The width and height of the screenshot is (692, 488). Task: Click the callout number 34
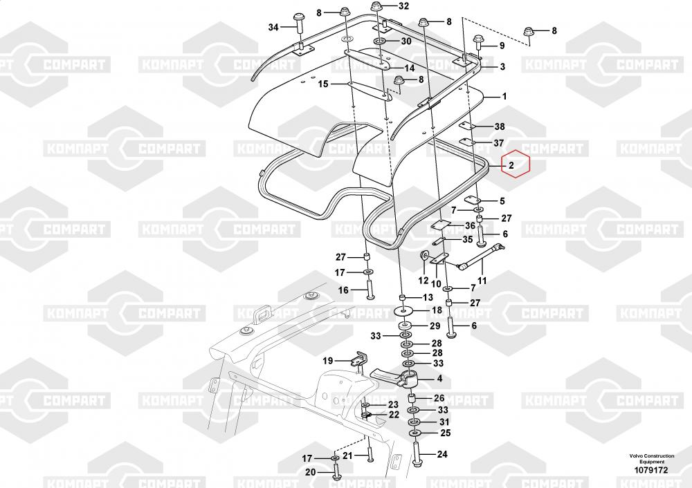coord(273,28)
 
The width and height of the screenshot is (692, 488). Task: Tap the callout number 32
coord(404,6)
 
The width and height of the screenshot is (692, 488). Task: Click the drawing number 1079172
coord(651,470)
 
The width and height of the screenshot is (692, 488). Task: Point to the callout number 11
coord(482,281)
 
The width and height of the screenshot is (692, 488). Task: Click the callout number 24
coord(442,454)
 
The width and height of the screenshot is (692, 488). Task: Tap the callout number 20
coord(310,473)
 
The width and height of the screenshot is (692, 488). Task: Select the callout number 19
coord(327,361)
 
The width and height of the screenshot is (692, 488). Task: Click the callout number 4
coord(439,378)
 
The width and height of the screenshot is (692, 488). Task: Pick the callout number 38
coord(499,126)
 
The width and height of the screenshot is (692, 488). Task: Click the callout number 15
coord(323,84)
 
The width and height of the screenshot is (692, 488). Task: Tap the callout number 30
coord(406,41)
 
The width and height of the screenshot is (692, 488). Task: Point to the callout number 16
coord(343,290)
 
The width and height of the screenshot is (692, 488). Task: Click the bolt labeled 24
coord(417,456)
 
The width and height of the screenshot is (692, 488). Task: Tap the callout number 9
coord(502,46)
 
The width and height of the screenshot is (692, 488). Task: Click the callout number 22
coord(394,415)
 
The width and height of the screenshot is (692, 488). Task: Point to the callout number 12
coord(424,281)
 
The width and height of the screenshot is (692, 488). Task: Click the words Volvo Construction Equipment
coord(652,459)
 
